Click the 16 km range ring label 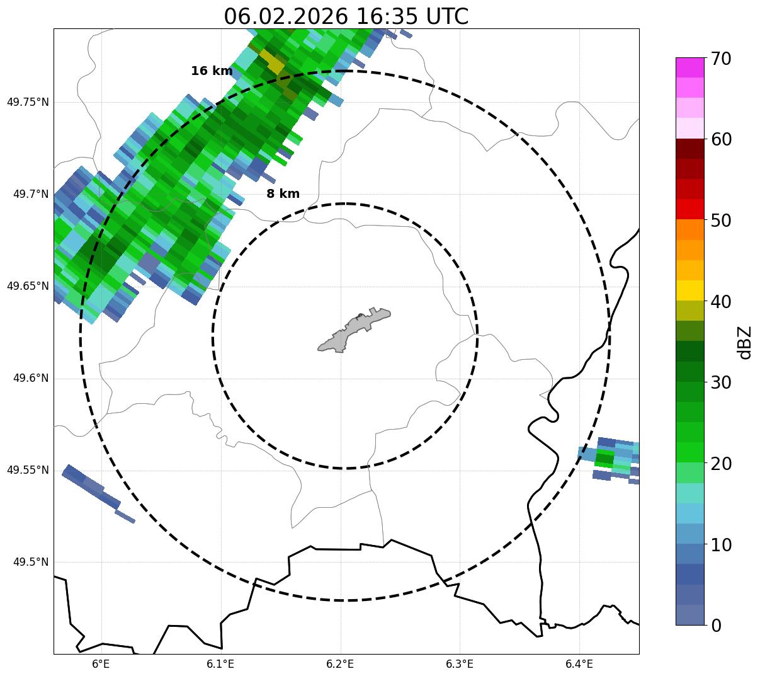click(212, 71)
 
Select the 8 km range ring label click(283, 194)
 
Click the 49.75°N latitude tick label click(28, 102)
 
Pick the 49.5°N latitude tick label click(31, 562)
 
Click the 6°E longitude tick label click(101, 664)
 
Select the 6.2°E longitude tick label click(340, 664)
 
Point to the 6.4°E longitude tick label click(579, 664)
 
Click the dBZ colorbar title click(746, 342)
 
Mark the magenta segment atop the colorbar click(689, 67)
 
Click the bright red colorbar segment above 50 click(689, 209)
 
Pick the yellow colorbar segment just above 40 click(689, 290)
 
